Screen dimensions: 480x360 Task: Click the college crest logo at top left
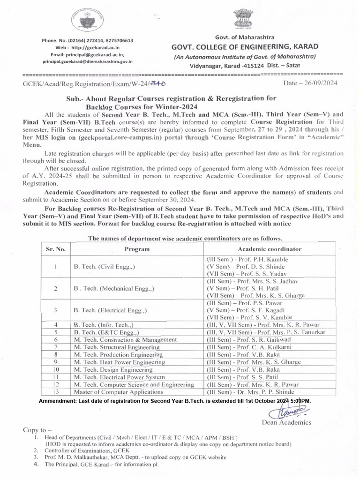pyautogui.click(x=87, y=21)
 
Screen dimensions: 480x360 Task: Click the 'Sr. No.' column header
pyautogui.click(x=55, y=249)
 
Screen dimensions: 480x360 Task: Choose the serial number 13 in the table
pyautogui.click(x=55, y=391)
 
